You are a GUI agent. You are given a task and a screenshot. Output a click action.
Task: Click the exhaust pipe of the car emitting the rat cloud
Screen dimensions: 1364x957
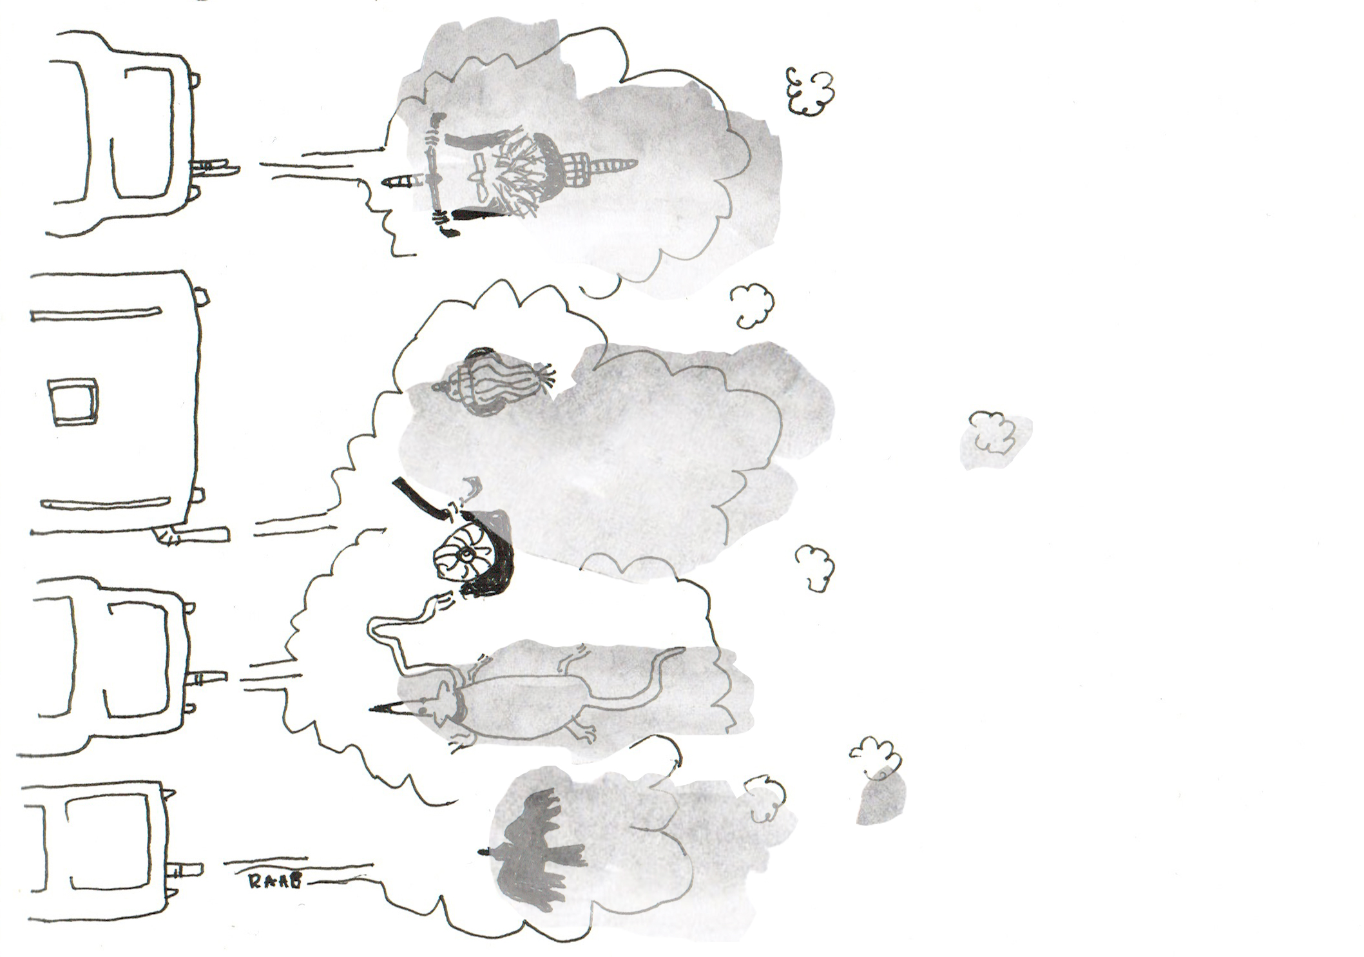[206, 677]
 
